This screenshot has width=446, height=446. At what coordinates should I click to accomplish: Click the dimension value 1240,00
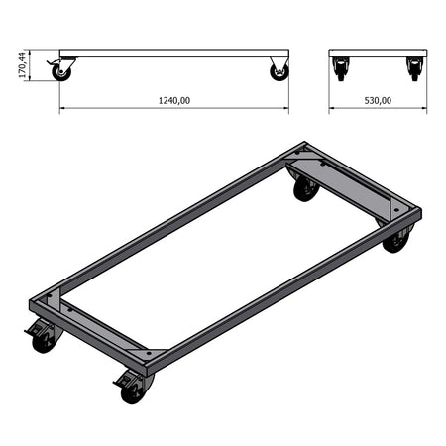tap(173, 100)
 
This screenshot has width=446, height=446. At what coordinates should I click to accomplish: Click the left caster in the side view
tap(63, 70)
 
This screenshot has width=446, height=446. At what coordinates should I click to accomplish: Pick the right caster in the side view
tap(279, 70)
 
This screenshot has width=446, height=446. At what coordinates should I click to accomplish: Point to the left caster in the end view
tap(342, 69)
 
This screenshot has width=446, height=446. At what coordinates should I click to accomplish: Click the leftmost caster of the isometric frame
tap(43, 337)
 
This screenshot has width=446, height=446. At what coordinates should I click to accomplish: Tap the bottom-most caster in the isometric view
tap(133, 388)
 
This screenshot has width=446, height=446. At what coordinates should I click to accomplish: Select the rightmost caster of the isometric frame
tap(395, 239)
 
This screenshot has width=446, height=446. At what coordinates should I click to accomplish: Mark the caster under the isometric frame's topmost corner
tap(305, 185)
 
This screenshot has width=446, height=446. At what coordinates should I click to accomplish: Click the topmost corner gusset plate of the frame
tap(303, 159)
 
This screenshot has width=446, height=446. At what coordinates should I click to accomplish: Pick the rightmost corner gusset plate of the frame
tap(397, 210)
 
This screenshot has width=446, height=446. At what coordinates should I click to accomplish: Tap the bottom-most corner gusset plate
tap(147, 352)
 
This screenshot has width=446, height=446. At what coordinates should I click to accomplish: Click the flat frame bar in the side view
tap(173, 54)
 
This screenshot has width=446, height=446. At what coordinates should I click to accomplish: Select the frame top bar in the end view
tap(378, 54)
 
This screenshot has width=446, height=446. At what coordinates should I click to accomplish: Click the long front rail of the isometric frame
tap(268, 287)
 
